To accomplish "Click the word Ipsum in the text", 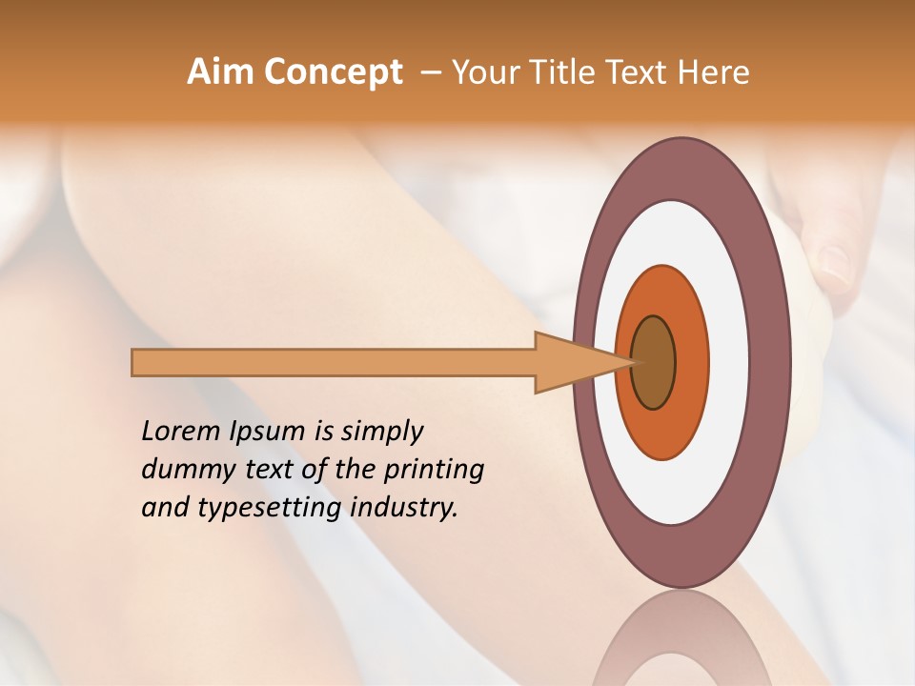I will [266, 433].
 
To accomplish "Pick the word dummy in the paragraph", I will [182, 470].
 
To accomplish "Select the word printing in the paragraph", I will [433, 470].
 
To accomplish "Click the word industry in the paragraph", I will [404, 508].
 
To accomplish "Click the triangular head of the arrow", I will [572, 362].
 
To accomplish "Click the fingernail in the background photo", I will [836, 267].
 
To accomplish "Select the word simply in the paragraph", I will [381, 433].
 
